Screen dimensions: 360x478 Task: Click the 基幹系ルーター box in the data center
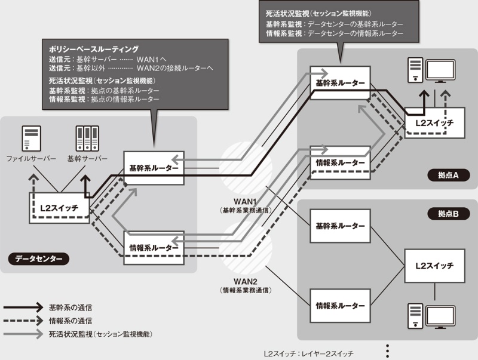pos(154,168)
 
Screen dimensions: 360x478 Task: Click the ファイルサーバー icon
pos(30,139)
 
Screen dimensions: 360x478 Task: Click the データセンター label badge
pos(38,259)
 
